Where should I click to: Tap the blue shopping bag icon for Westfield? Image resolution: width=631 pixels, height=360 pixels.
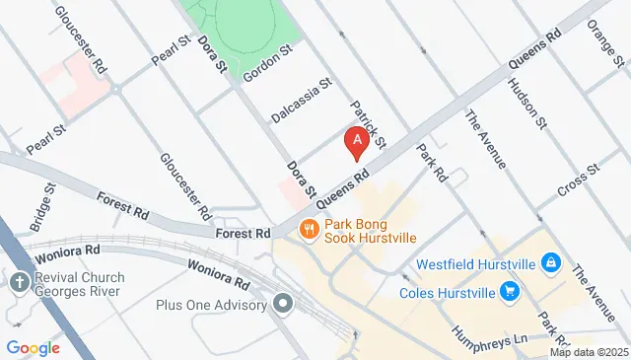pos(551,263)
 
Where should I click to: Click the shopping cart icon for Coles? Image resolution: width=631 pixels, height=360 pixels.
pos(510,291)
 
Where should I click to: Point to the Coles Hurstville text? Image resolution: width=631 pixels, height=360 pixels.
pos(447,292)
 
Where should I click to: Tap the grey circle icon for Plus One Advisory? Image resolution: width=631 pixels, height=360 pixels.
pos(285,304)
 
